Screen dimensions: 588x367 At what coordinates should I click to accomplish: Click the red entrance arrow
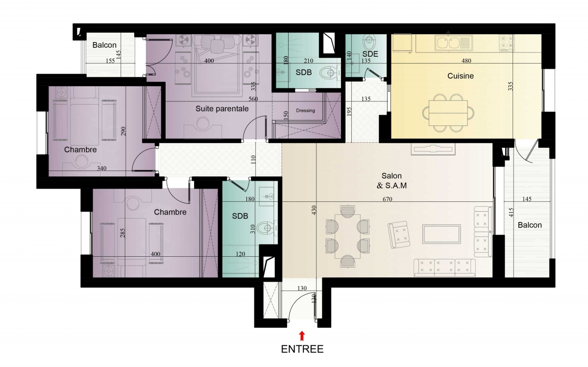point(302,336)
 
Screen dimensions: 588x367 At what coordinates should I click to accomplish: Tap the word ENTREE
point(302,349)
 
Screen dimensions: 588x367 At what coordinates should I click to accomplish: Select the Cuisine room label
point(461,76)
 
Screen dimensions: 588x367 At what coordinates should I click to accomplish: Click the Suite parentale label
point(222,109)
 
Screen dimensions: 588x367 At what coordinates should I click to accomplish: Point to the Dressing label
point(305,111)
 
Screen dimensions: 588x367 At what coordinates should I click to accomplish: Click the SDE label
point(370,54)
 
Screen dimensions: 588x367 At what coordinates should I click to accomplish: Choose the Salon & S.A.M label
point(392,181)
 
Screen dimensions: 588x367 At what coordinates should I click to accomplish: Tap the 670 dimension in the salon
point(387,199)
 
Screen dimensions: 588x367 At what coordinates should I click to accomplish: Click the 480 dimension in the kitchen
point(466,61)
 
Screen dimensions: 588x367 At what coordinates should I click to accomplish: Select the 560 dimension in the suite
point(253,99)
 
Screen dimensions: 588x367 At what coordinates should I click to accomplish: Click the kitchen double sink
point(454,43)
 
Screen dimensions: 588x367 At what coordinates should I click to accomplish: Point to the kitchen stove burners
point(507,43)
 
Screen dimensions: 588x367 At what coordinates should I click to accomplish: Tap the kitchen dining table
point(448,113)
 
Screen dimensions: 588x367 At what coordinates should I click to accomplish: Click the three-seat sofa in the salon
point(444,268)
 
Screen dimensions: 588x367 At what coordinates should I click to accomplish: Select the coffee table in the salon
point(441,234)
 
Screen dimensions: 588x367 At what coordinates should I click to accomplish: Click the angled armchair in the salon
point(399,234)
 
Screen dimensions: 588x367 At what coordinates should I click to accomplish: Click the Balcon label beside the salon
point(530,225)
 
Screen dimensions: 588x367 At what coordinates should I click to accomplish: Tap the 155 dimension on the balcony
point(110,61)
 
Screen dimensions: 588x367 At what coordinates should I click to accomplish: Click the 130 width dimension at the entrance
point(302,288)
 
